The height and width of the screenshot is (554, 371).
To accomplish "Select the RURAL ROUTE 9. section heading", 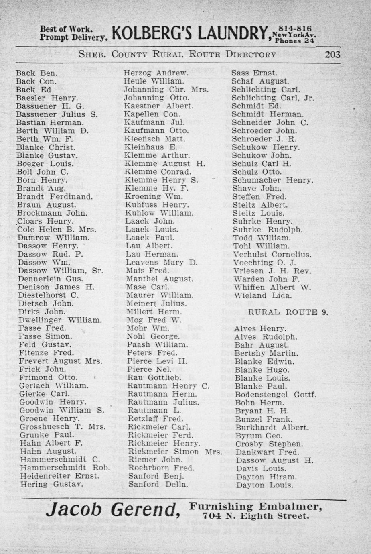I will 288,312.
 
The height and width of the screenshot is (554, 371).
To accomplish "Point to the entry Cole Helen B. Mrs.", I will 57,230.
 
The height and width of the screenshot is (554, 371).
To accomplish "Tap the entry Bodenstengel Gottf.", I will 276,394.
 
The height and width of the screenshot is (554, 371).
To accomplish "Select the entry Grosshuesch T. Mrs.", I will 63,426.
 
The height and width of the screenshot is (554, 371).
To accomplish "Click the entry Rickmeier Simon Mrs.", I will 175,452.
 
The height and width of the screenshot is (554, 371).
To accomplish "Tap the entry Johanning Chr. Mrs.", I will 166,89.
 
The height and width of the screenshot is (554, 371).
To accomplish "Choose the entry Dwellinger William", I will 59,320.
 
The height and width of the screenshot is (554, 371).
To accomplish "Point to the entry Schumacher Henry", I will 272,180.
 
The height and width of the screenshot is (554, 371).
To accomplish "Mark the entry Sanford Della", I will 158,484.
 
